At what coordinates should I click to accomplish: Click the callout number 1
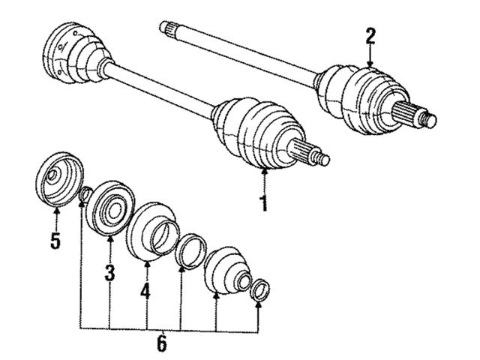[x=264, y=203]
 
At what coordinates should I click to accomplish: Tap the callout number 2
[x=370, y=37]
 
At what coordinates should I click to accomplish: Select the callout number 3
[x=110, y=273]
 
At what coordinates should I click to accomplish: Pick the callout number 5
[x=55, y=241]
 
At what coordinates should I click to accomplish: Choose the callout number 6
[x=162, y=343]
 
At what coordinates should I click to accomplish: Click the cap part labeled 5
[x=59, y=179]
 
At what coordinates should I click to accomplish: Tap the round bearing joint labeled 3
[x=110, y=208]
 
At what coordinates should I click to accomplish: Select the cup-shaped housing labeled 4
[x=152, y=232]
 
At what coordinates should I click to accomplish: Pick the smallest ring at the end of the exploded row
[x=259, y=289]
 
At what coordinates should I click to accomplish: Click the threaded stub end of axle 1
[x=322, y=157]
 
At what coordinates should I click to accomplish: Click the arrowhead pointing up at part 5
[x=56, y=211]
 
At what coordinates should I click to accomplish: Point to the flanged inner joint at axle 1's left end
[x=77, y=52]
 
